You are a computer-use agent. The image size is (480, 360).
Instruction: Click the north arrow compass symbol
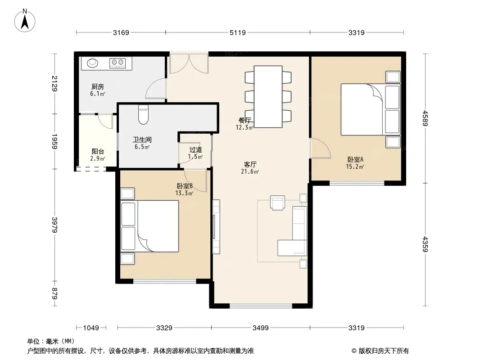pyautogui.click(x=25, y=20)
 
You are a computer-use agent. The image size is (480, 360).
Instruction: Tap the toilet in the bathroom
pyautogui.click(x=143, y=115)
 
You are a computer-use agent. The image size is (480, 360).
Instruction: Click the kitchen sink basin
pyautogui.click(x=92, y=63)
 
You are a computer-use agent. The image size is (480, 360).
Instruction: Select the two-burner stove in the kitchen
pyautogui.click(x=118, y=63)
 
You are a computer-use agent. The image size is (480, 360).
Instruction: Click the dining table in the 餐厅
pyautogui.click(x=268, y=97)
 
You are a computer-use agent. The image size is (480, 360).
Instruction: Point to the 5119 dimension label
pyautogui.click(x=238, y=32)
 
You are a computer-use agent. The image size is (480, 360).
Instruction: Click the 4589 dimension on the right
pyautogui.click(x=425, y=118)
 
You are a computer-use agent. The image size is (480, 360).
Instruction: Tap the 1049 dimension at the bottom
pyautogui.click(x=91, y=328)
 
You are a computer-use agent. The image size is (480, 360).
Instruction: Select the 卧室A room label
pyautogui.click(x=355, y=159)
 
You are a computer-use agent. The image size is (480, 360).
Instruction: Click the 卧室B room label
pyautogui.click(x=185, y=186)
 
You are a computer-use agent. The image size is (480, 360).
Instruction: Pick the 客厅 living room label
pyautogui.click(x=250, y=164)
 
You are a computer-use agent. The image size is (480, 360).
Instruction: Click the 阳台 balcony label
pyautogui.click(x=98, y=151)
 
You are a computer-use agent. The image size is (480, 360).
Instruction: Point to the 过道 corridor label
pyautogui.click(x=195, y=149)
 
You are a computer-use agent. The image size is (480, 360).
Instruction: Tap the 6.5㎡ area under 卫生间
pyautogui.click(x=142, y=147)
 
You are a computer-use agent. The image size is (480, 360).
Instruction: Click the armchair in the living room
pyautogui.click(x=278, y=202)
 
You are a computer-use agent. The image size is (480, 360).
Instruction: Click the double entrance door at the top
pyautogui.click(x=189, y=63)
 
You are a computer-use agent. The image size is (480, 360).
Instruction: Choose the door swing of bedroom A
pyautogui.click(x=320, y=148)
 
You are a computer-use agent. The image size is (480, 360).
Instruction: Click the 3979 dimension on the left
pyautogui.click(x=54, y=225)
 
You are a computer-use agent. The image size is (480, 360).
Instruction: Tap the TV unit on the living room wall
pyautogui.click(x=216, y=227)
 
